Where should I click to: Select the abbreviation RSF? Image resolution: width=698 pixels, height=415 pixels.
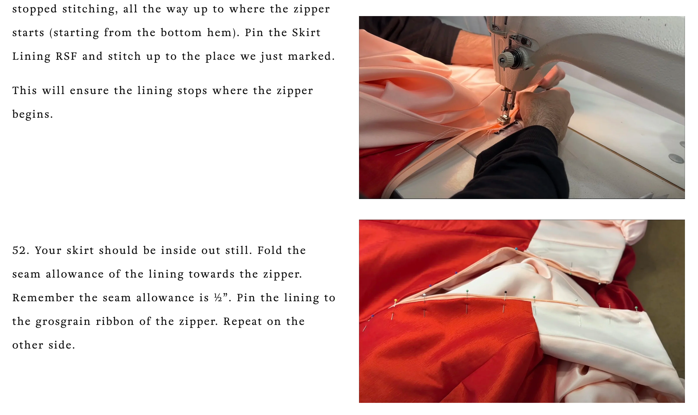(66, 56)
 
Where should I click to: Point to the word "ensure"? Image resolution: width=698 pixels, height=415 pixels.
(89, 91)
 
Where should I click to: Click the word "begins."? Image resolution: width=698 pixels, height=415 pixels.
(33, 115)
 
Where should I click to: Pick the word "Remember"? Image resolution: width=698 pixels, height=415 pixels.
(43, 298)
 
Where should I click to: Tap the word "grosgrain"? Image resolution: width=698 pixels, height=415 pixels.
(63, 322)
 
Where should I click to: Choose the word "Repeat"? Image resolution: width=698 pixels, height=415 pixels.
(242, 322)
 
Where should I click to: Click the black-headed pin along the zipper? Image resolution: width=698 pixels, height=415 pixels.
(505, 292)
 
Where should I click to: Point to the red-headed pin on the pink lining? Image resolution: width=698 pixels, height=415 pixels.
(609, 304)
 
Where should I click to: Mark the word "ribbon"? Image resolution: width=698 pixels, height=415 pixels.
(115, 322)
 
